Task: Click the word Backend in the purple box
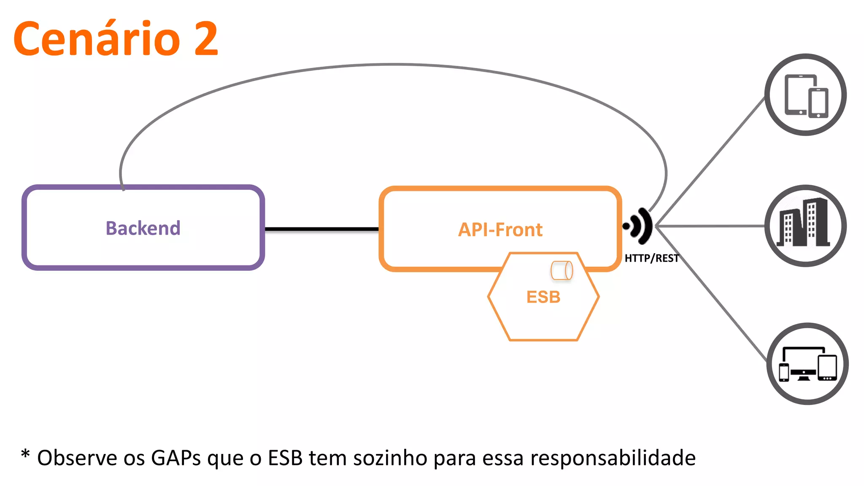coord(143,228)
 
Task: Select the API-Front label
coord(500,230)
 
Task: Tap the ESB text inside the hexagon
coord(543,297)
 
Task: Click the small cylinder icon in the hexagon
coord(562,270)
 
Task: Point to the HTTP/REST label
coord(651,258)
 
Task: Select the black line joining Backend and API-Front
coord(321,229)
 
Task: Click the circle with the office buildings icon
coord(805,226)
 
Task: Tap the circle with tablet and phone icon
coord(805,94)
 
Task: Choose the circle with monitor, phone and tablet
coord(807,364)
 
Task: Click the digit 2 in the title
coord(206,39)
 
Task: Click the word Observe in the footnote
coord(77,458)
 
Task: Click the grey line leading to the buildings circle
coord(713,226)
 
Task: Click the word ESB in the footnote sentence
coord(285,458)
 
